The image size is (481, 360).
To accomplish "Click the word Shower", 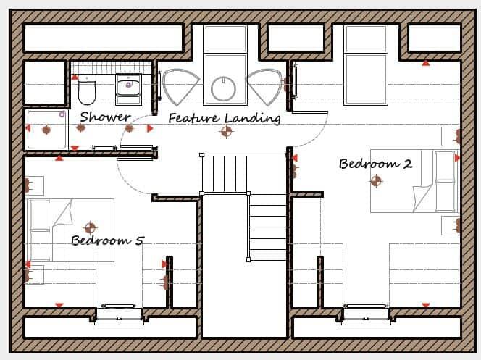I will tap(105, 117).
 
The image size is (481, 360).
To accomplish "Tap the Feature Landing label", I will tap(224, 118).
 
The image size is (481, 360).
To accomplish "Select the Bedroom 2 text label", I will tap(375, 164).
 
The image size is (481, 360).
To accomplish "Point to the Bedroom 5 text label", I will tap(106, 240).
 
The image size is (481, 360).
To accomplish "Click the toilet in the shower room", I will tap(86, 89).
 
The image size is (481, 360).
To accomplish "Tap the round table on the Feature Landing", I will tap(224, 89).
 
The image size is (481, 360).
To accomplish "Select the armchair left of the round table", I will tap(179, 86).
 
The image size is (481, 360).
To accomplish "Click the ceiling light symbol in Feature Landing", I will tap(227, 132).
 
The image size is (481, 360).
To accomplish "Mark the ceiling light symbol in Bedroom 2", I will tap(376, 181).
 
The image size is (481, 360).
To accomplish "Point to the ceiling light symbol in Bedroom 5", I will tap(91, 228).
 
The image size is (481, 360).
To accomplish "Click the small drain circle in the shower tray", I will tap(62, 114).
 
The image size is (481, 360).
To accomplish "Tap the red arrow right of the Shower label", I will tap(150, 129).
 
